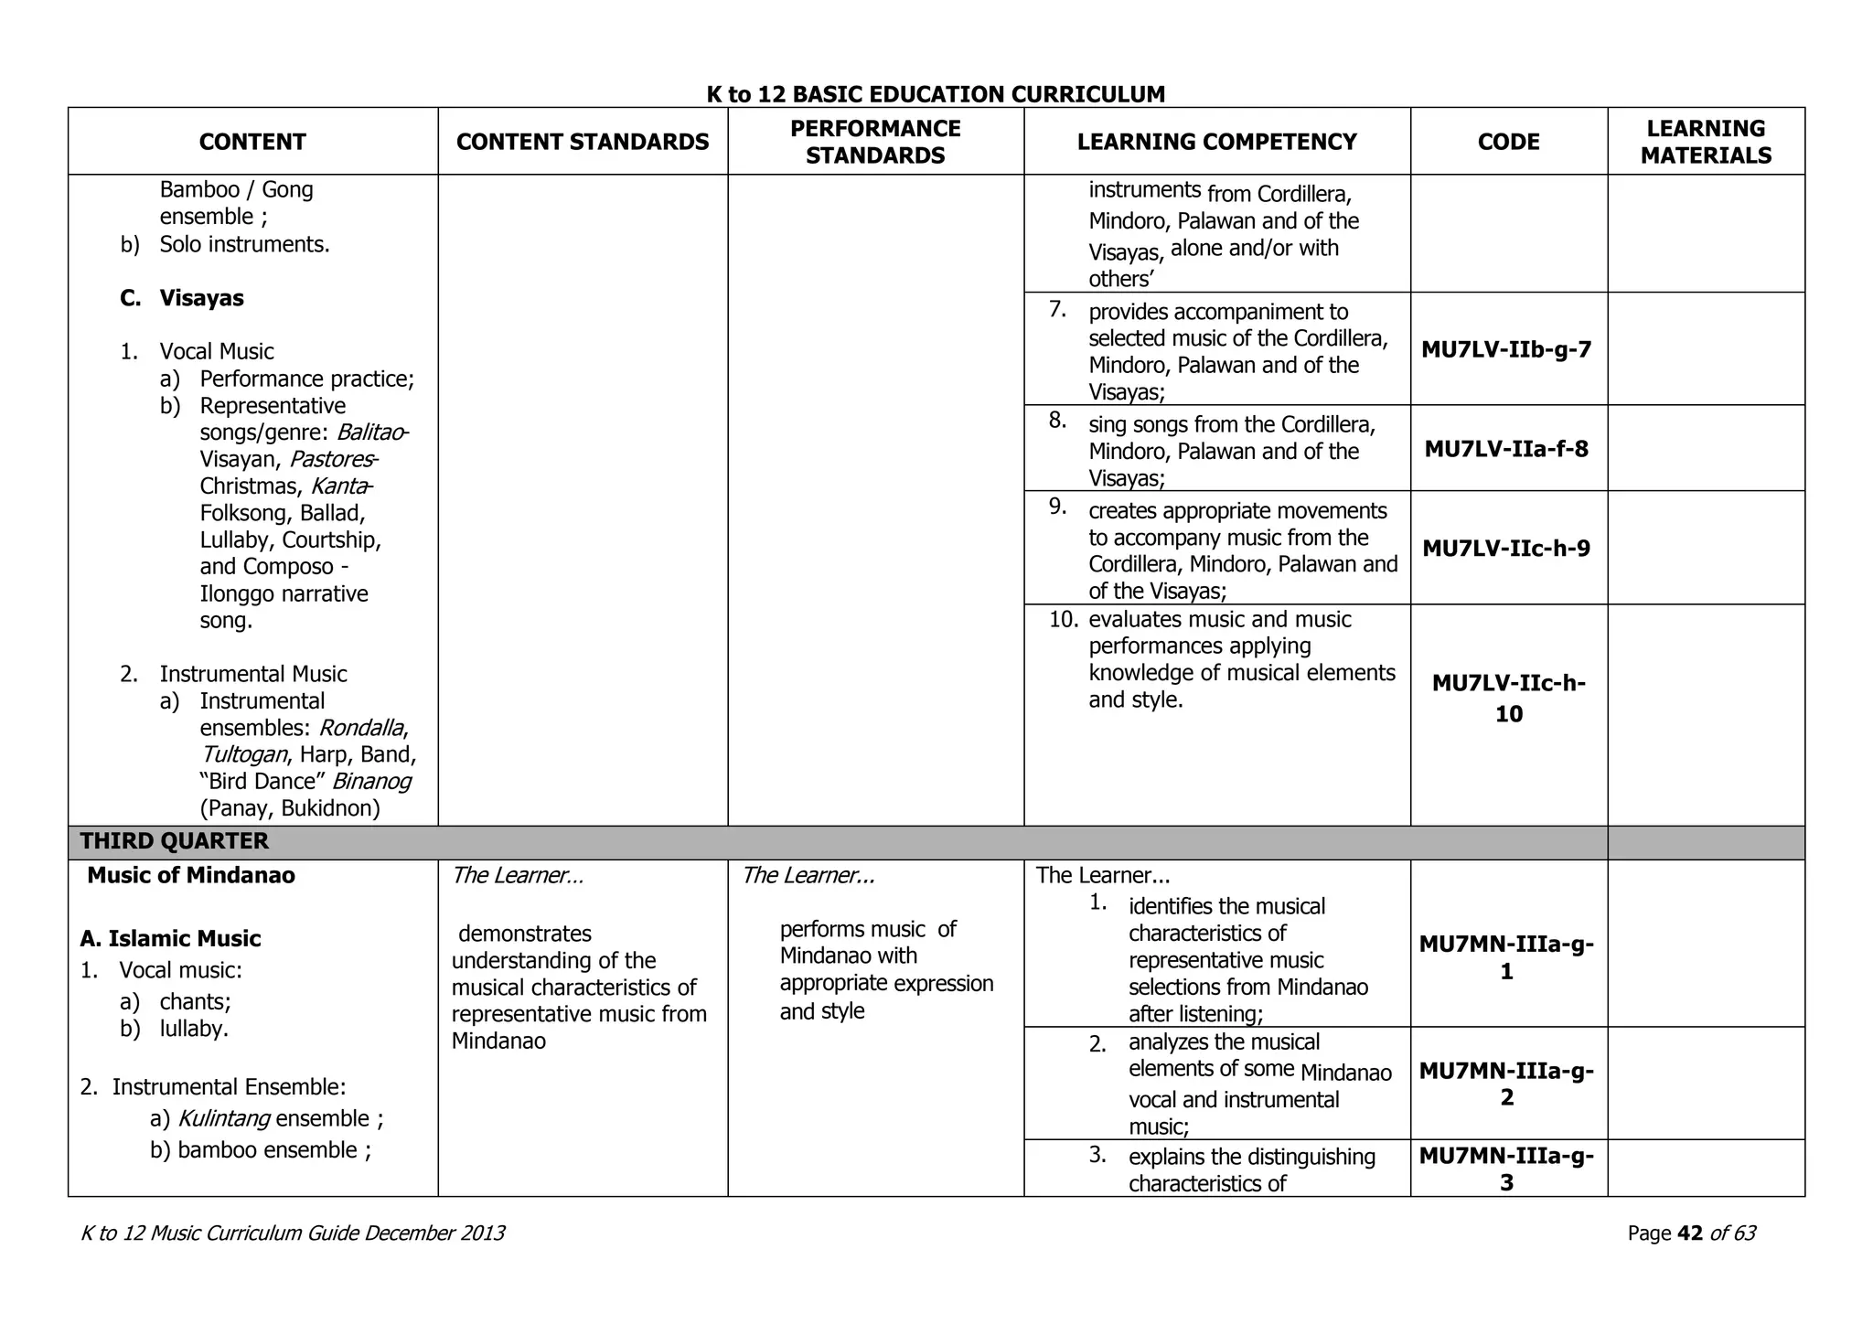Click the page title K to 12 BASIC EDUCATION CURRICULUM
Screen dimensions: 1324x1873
[x=936, y=94]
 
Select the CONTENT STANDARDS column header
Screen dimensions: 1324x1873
[x=583, y=142]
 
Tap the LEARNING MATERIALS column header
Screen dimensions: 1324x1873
[x=1706, y=142]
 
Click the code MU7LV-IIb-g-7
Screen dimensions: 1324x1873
[x=1506, y=349]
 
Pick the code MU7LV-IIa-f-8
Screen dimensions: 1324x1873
[x=1506, y=449]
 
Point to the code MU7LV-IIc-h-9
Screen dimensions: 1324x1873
[x=1506, y=549]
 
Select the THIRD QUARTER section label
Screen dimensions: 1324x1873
[x=174, y=841]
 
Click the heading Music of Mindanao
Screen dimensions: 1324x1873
[x=190, y=875]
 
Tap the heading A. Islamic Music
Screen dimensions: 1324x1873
[x=170, y=938]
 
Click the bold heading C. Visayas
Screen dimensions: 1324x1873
[x=182, y=298]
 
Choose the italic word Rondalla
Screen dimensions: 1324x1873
[x=361, y=728]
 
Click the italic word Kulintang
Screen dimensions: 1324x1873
[x=223, y=1118]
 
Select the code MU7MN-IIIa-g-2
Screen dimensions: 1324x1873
[x=1506, y=1084]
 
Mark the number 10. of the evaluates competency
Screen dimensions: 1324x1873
[x=1064, y=620]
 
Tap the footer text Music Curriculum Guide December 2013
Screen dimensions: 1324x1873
[x=327, y=1233]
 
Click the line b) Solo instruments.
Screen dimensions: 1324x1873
[x=225, y=244]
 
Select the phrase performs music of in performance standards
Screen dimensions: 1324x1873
[x=867, y=929]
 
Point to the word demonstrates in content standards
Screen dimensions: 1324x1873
[x=524, y=934]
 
